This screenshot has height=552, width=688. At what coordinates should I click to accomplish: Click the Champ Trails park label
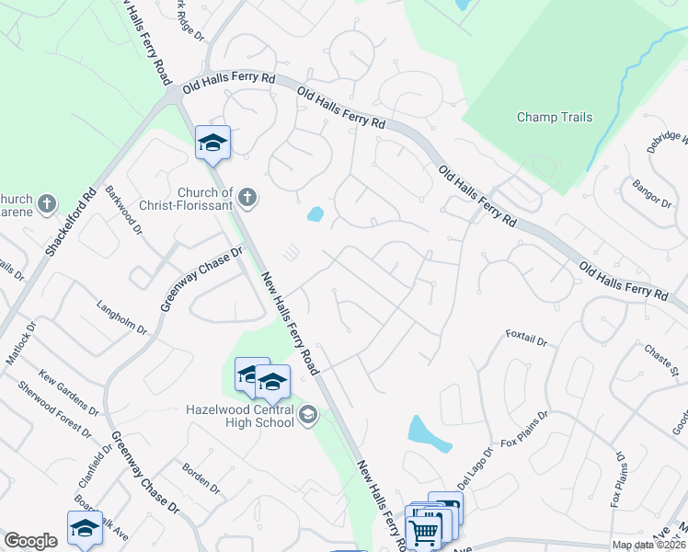pyautogui.click(x=555, y=117)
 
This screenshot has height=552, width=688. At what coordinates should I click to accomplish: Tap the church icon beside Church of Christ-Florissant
pyautogui.click(x=246, y=196)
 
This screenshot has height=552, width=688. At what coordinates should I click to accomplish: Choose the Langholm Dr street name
pyautogui.click(x=121, y=314)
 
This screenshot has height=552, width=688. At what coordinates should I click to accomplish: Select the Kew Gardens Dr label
pyautogui.click(x=68, y=391)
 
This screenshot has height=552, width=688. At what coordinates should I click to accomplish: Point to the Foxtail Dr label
pyautogui.click(x=526, y=339)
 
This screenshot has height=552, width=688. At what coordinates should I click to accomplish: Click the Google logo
pyautogui.click(x=30, y=541)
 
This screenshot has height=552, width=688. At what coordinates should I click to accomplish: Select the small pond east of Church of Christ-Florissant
pyautogui.click(x=315, y=214)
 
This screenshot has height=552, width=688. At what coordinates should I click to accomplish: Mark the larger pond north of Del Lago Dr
pyautogui.click(x=429, y=434)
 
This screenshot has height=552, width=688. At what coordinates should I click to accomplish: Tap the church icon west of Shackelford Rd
pyautogui.click(x=49, y=203)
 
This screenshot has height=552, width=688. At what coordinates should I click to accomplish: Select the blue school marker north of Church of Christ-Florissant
pyautogui.click(x=212, y=143)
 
